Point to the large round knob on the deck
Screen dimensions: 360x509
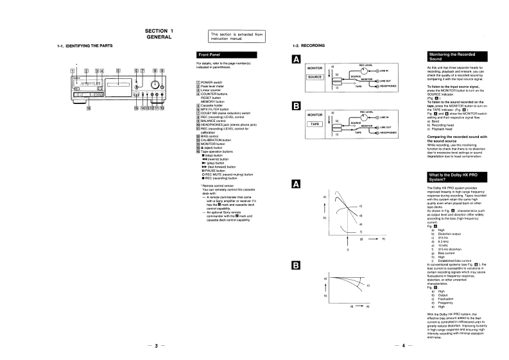click(x=154, y=84)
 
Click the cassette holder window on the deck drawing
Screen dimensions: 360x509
click(x=118, y=84)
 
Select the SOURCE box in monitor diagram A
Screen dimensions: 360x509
click(x=315, y=77)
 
